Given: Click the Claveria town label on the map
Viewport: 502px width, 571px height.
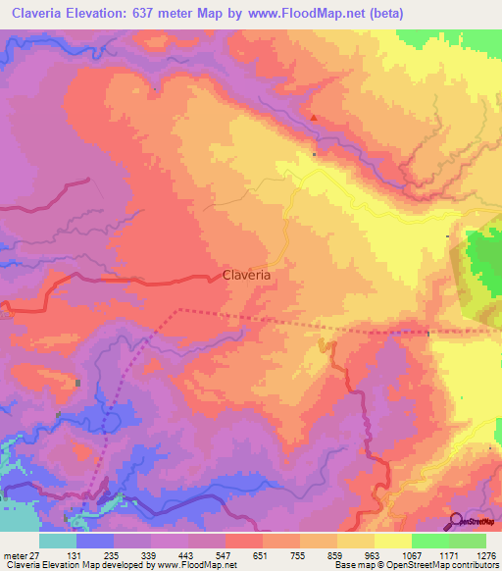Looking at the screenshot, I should [x=246, y=277].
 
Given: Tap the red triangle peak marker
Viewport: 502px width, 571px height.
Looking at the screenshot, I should [x=314, y=118].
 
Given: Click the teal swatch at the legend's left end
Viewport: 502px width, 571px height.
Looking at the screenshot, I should [x=58, y=541].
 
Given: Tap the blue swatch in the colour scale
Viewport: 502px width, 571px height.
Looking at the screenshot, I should [x=95, y=541].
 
